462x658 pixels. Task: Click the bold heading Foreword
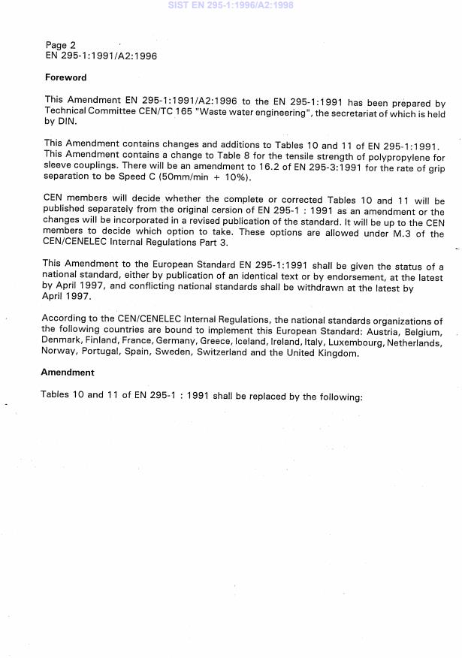[65, 77]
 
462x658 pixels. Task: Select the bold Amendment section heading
[68, 373]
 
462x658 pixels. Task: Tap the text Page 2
[61, 45]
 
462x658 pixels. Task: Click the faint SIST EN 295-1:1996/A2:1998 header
[231, 5]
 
